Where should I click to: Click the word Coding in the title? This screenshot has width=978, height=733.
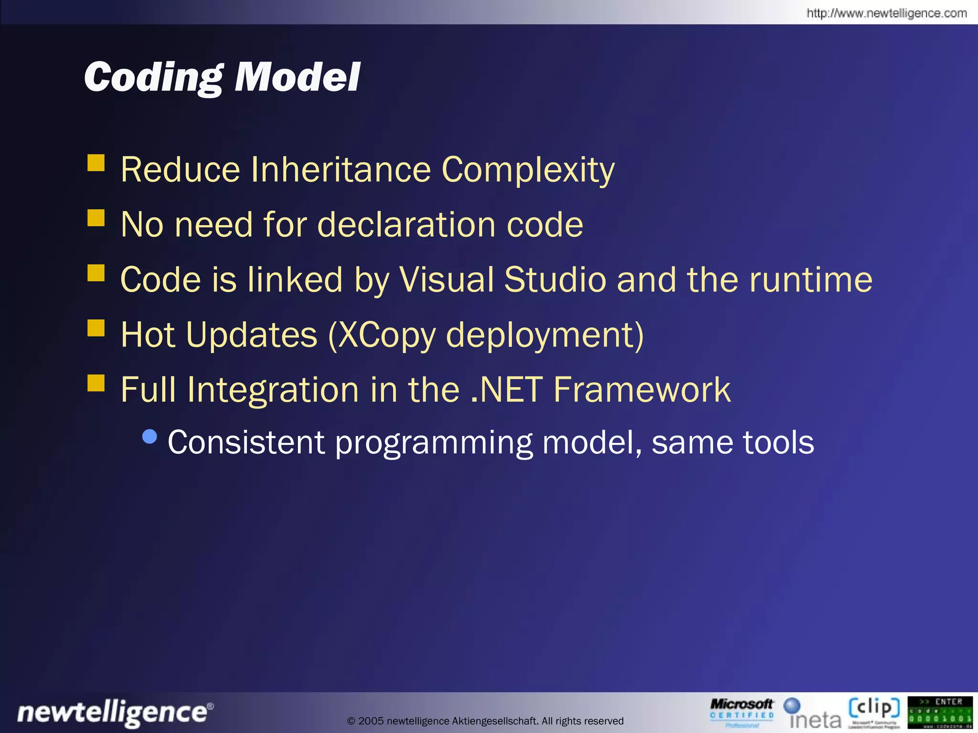tap(153, 77)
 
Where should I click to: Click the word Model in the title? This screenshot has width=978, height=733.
tap(297, 77)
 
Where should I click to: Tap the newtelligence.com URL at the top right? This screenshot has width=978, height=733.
tap(886, 13)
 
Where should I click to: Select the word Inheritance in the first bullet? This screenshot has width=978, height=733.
tap(340, 169)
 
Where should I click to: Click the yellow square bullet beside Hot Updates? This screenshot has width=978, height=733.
tap(96, 328)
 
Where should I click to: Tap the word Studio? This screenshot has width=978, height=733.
tap(555, 280)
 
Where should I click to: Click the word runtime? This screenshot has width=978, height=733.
tap(810, 280)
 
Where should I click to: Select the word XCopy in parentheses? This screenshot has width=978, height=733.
tap(387, 335)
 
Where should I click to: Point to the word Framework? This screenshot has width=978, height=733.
tap(642, 390)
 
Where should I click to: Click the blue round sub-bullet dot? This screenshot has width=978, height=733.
tap(150, 437)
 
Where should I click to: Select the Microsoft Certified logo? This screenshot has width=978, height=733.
tap(741, 713)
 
